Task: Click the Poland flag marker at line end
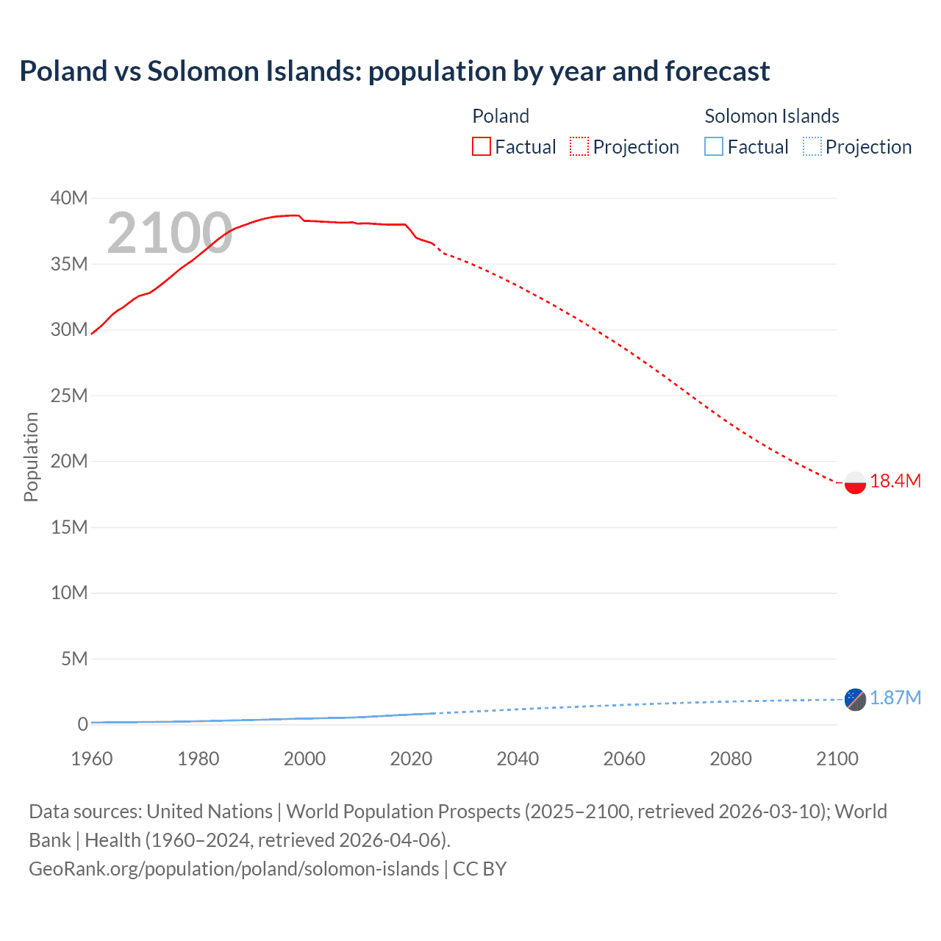(x=855, y=483)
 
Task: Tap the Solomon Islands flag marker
(x=855, y=699)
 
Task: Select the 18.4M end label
(x=895, y=482)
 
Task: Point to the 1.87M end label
(x=895, y=698)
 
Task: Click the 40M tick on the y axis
(x=69, y=198)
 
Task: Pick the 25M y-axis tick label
(x=69, y=396)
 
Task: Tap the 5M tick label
(x=74, y=659)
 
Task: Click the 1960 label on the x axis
(x=92, y=759)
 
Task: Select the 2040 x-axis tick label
(x=518, y=759)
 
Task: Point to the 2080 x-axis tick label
(x=731, y=759)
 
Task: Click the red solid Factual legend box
(x=482, y=147)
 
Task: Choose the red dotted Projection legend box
(x=579, y=147)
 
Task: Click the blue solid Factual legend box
(x=714, y=147)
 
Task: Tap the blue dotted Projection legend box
(x=812, y=147)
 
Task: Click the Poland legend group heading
(x=501, y=116)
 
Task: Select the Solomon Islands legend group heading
(x=772, y=116)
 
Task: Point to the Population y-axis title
(x=31, y=457)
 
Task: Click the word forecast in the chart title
(x=718, y=71)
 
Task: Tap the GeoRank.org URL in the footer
(x=234, y=869)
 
